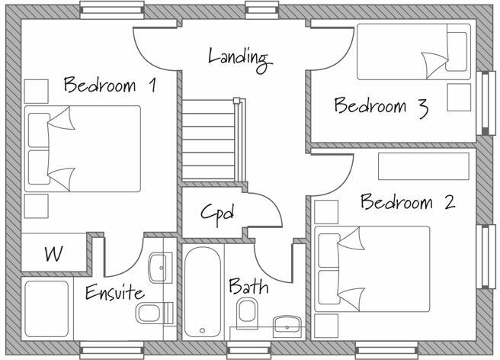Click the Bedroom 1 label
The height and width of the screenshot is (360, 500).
click(x=110, y=85)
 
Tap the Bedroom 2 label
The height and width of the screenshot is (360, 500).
click(x=408, y=203)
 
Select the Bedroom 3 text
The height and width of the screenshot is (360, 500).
click(x=380, y=106)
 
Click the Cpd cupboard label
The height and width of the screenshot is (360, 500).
click(x=216, y=212)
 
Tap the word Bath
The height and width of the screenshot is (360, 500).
click(x=248, y=287)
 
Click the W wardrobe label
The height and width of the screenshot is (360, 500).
click(x=53, y=252)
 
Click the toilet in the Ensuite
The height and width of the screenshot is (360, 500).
click(x=150, y=313)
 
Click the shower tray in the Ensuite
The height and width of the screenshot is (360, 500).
click(x=47, y=309)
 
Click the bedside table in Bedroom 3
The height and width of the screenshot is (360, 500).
click(x=459, y=97)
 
